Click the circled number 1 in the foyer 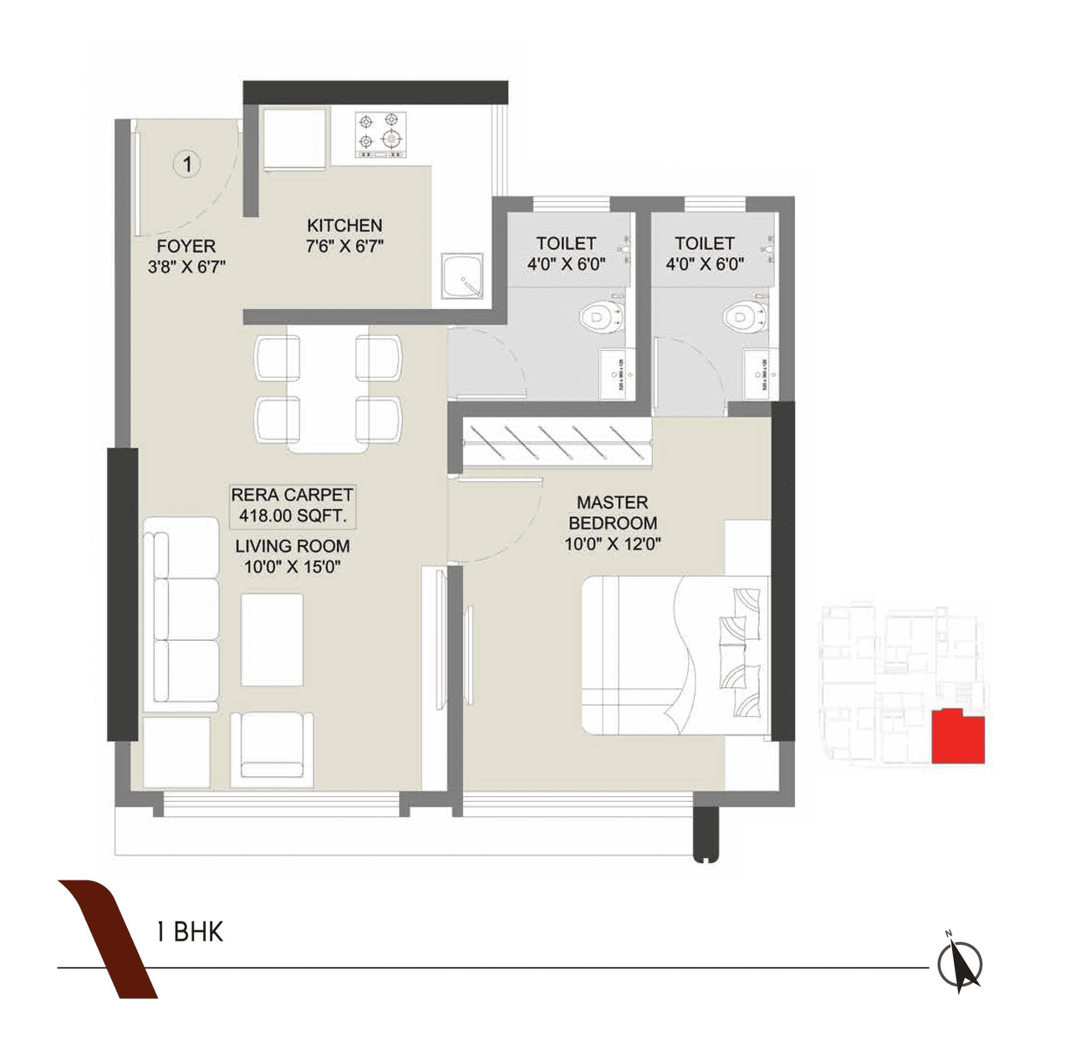click(x=188, y=164)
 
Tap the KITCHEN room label click(x=344, y=226)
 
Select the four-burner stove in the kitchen click(x=378, y=134)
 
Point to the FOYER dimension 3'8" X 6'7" click(x=186, y=267)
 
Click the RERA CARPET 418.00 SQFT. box click(x=292, y=505)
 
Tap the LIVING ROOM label click(x=292, y=546)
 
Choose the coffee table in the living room click(x=273, y=640)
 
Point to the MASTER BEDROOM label click(x=613, y=513)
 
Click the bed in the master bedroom click(x=673, y=655)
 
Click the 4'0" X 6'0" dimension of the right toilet click(x=705, y=264)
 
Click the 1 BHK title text click(x=191, y=932)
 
